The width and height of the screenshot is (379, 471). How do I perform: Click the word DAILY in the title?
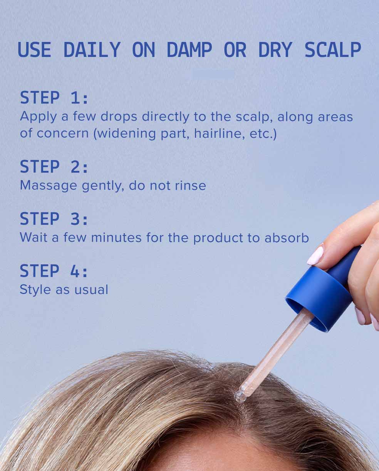(x=92, y=50)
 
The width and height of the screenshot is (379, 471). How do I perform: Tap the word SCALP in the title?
(x=333, y=50)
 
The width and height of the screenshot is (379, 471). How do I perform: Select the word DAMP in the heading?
(x=189, y=50)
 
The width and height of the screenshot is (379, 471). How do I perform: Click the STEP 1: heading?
(x=54, y=98)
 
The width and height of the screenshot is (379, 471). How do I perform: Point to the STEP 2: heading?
(x=54, y=167)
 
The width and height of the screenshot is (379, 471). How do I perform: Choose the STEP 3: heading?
(x=54, y=219)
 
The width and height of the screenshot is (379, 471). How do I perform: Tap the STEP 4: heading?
(x=54, y=271)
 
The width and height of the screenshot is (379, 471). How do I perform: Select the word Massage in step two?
(x=49, y=185)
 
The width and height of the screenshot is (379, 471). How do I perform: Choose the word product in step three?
(x=218, y=238)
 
